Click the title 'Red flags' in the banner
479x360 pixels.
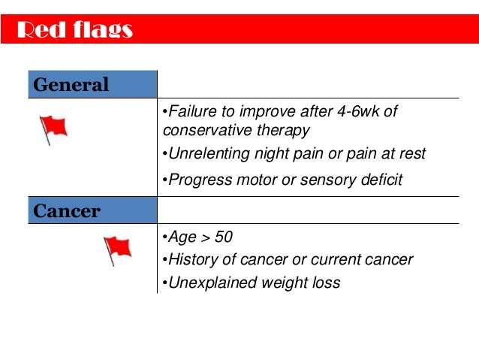74,30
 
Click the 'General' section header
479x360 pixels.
71,85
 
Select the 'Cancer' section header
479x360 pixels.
67,210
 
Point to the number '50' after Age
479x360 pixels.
223,237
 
